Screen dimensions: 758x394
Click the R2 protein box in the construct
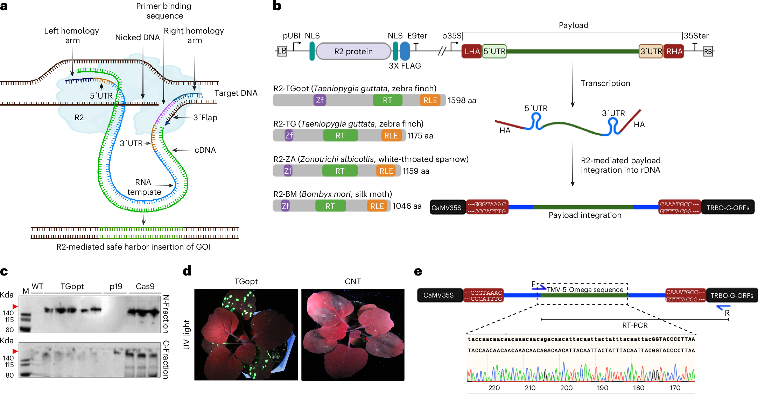[x=353, y=51]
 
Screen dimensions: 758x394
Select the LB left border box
[x=282, y=51]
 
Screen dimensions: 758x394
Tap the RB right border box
[x=708, y=51]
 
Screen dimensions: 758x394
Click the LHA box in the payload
[x=472, y=51]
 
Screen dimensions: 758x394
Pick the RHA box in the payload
[x=674, y=51]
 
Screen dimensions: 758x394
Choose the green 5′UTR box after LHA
[x=494, y=51]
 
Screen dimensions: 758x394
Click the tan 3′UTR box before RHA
[x=651, y=51]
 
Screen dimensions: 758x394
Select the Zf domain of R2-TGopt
[x=320, y=100]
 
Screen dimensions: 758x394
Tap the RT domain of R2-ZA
[x=340, y=171]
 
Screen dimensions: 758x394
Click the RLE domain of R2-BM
[x=377, y=206]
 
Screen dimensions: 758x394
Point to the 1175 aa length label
[x=420, y=136]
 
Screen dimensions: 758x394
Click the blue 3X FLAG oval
[x=405, y=51]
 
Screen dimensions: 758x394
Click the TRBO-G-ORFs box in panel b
[x=728, y=207]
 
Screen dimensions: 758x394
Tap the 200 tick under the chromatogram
[x=566, y=388]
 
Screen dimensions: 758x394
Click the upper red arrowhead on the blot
[x=15, y=307]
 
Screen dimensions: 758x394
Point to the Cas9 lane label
[x=145, y=286]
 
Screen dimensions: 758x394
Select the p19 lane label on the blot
[x=116, y=287]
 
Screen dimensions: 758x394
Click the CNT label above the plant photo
[x=353, y=281]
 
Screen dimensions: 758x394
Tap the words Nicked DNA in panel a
[x=138, y=37]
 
